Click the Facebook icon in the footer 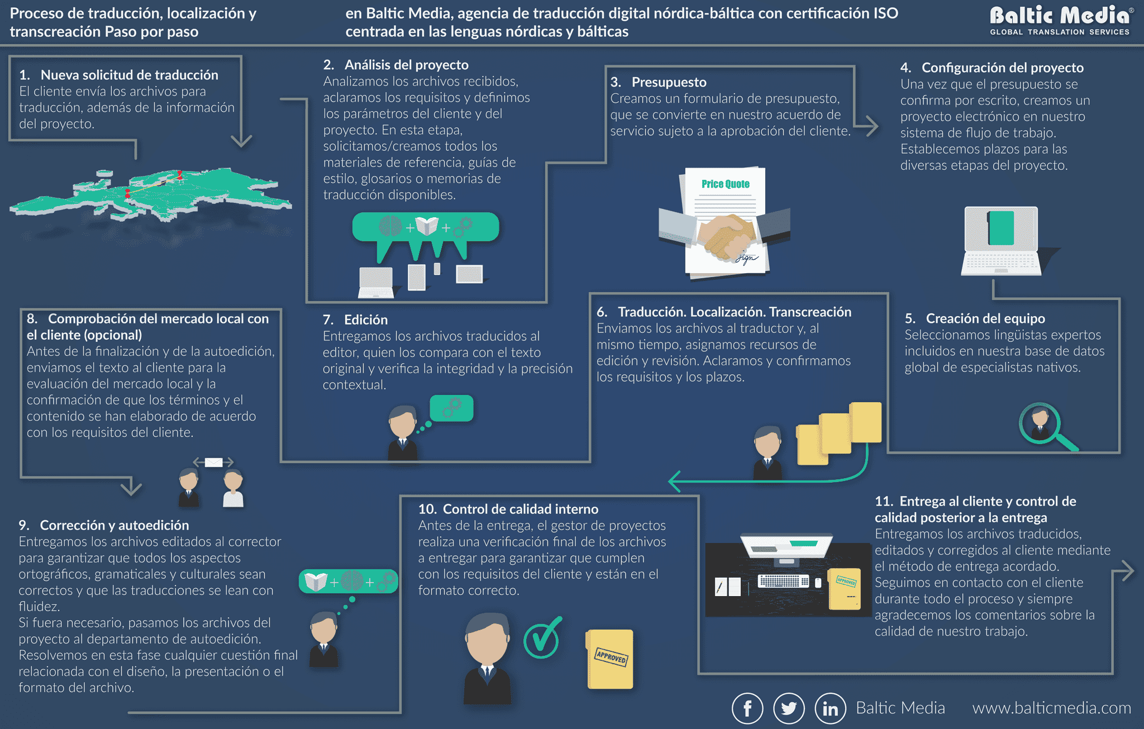(747, 708)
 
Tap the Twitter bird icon (789, 708)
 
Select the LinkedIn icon (831, 708)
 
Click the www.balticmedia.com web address (1051, 708)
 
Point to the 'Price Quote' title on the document (725, 184)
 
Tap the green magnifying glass (1046, 426)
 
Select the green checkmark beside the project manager (542, 638)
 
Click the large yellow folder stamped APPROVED (609, 659)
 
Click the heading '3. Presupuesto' (658, 82)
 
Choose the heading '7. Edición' (355, 320)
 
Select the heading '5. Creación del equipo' (975, 318)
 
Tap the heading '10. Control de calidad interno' (508, 509)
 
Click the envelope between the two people (213, 462)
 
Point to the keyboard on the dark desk (783, 581)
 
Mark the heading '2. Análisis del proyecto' (395, 65)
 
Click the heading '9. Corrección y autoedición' (104, 525)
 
